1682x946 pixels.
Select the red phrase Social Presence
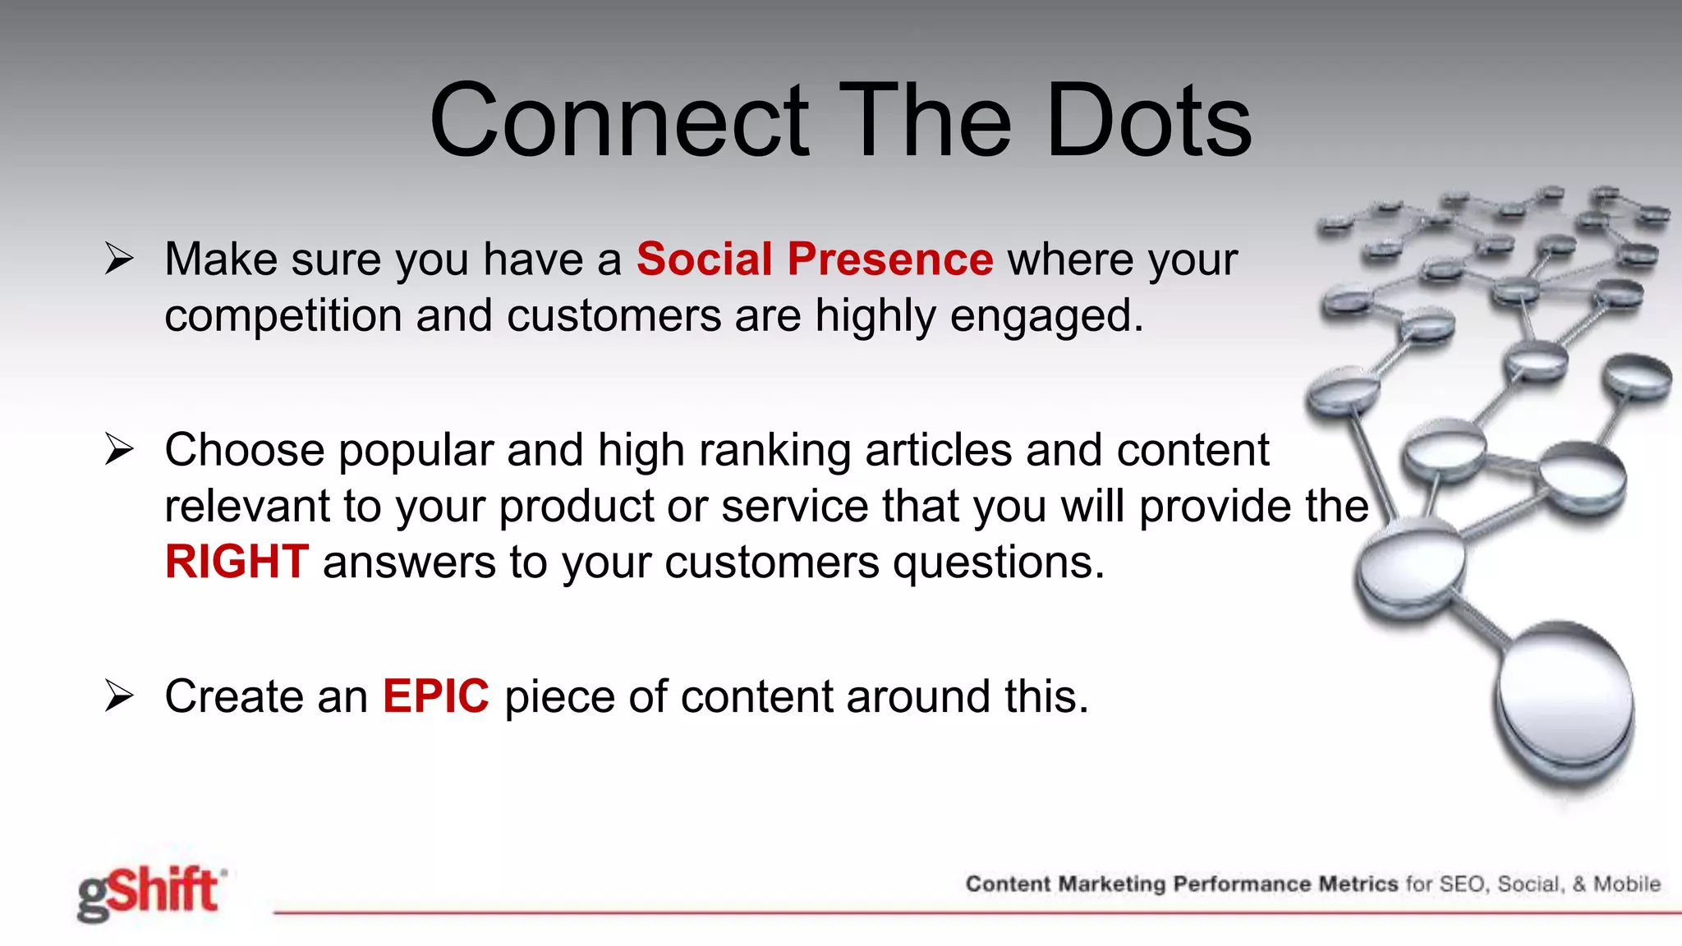(x=814, y=259)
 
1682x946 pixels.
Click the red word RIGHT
(x=237, y=563)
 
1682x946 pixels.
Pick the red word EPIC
(x=435, y=696)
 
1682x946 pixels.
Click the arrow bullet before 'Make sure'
(x=119, y=259)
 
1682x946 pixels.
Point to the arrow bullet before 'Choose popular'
(x=119, y=450)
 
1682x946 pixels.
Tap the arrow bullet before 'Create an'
(x=119, y=696)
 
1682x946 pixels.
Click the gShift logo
(x=150, y=893)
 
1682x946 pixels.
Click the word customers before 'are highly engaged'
(x=614, y=316)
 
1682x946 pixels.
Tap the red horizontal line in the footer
(x=903, y=912)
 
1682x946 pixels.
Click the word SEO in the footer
(x=1462, y=884)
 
